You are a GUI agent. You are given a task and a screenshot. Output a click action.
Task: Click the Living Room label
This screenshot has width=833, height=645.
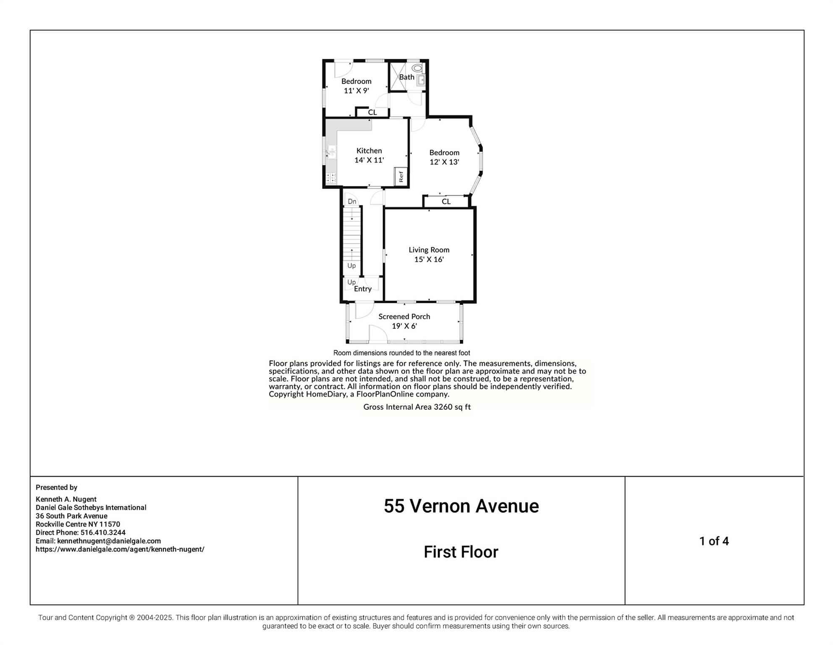tap(429, 250)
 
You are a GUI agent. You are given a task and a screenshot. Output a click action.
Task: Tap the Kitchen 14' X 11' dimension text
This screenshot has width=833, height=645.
tap(369, 160)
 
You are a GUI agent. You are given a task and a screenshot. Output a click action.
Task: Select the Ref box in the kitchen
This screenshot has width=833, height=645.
tap(401, 176)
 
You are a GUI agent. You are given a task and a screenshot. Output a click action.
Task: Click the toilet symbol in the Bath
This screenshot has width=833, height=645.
tap(417, 68)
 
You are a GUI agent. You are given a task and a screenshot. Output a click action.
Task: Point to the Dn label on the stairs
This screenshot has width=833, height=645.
tap(352, 202)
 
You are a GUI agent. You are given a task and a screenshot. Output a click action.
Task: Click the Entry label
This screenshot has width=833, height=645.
tap(363, 289)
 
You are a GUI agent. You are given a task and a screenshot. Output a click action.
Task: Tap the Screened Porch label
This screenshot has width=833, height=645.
tap(404, 317)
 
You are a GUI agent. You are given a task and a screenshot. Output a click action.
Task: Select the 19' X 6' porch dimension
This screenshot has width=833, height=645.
tap(404, 326)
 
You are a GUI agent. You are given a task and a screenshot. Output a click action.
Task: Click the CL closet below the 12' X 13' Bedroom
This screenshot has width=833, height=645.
tap(446, 202)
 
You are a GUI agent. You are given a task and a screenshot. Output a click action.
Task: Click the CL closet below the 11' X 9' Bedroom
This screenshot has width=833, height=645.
tap(372, 113)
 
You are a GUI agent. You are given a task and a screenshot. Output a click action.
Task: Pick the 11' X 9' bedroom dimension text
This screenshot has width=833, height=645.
tap(356, 91)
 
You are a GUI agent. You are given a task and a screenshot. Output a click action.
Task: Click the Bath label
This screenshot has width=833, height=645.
tap(406, 77)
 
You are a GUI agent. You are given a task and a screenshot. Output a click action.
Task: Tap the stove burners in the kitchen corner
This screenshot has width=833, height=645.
tap(331, 178)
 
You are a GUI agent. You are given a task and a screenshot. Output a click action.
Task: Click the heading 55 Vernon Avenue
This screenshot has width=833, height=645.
tap(461, 506)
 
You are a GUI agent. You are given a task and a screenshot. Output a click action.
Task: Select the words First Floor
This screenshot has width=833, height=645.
tap(461, 552)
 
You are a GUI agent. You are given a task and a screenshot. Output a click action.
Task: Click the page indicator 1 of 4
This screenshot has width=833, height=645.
tap(714, 541)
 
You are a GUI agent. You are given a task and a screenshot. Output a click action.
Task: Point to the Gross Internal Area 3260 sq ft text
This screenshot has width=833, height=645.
tap(416, 407)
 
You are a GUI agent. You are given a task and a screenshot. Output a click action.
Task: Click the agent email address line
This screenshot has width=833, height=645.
tap(98, 541)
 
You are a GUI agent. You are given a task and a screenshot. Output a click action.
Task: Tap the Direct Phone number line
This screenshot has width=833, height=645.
tap(81, 532)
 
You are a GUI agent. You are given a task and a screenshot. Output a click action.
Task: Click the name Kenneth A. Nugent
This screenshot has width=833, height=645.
tap(66, 499)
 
